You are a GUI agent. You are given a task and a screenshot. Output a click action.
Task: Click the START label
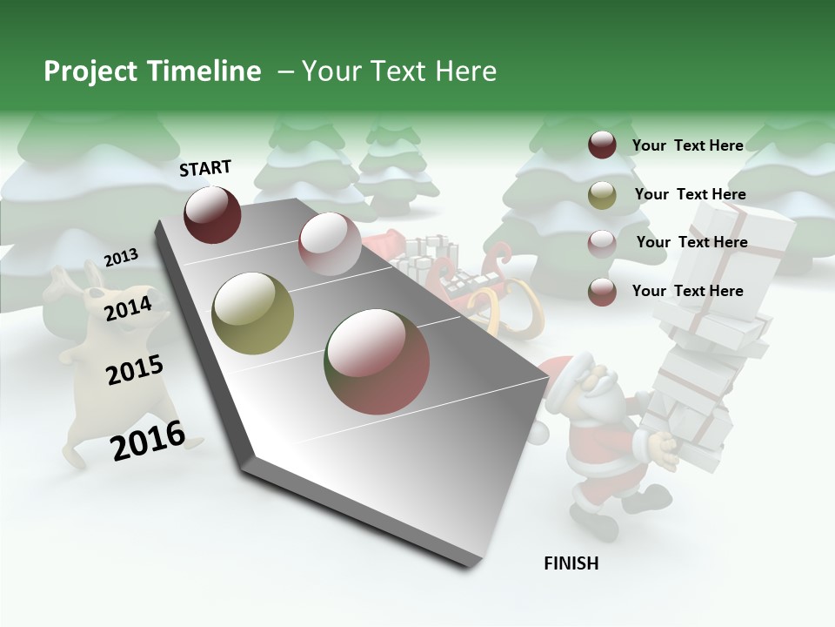coord(205,168)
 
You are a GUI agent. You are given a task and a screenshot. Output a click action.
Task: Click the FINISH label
coord(571,563)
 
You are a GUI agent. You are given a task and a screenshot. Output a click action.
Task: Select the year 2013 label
coord(121,258)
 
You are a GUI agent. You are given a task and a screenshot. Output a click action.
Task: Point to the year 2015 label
coord(135,371)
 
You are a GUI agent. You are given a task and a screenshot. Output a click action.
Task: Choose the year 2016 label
coord(148,441)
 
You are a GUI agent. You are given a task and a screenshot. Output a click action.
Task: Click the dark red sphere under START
coord(212,214)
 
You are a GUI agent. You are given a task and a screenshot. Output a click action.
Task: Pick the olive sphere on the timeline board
coord(253,313)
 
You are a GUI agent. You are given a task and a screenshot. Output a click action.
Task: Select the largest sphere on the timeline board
coord(377,361)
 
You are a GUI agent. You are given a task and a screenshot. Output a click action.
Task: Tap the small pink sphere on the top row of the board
coord(329,245)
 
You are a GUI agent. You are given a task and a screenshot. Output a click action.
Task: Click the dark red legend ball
coord(602,145)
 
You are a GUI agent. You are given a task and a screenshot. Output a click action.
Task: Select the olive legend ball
coord(602,195)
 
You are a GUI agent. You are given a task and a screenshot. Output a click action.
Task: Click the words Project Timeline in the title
coord(152,71)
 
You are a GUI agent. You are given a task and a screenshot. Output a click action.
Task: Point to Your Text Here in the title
coord(399,71)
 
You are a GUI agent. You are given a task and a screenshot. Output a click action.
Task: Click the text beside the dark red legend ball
coord(687,145)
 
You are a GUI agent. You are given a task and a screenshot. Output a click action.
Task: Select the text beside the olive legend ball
coord(690,194)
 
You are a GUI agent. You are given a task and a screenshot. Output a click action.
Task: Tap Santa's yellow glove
coord(664,448)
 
